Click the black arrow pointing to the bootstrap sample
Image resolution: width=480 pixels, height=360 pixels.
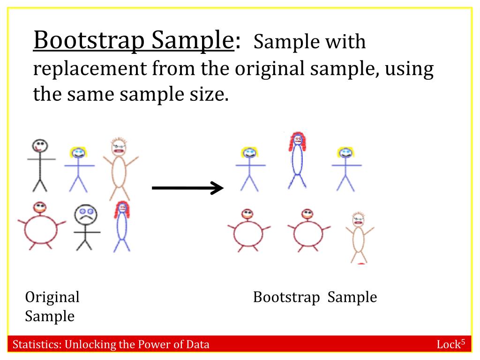(187, 187)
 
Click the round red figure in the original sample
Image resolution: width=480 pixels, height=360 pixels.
(41, 226)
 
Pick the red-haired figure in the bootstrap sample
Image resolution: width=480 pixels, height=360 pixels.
(297, 159)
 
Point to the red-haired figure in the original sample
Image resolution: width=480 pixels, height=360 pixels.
(122, 226)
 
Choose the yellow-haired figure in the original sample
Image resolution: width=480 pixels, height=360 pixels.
(79, 169)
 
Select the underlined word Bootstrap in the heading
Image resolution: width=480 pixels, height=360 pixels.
(89, 40)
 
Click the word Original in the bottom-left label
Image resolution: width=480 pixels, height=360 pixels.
(52, 297)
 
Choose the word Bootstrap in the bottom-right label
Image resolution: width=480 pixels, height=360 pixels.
(286, 297)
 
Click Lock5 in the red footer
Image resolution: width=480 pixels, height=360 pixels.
(451, 344)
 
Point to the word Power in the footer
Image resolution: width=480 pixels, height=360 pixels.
(153, 345)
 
